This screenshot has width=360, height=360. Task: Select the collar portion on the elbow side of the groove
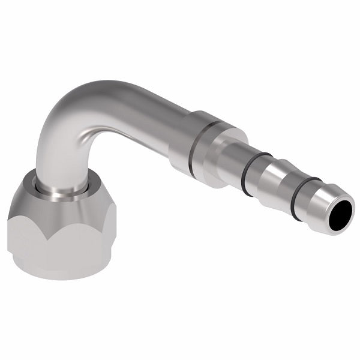[180, 144]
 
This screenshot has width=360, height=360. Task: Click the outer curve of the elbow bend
[66, 99]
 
